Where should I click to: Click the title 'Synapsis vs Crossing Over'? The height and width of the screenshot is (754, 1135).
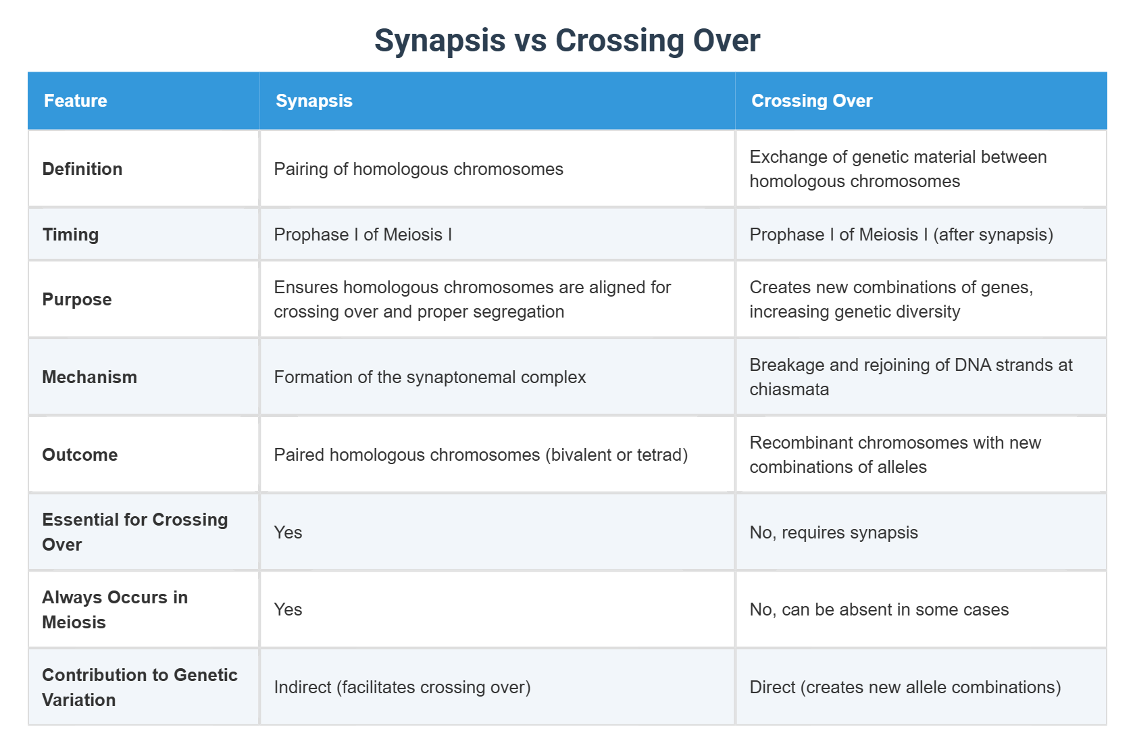tap(567, 41)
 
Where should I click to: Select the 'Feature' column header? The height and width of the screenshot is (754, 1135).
tap(76, 101)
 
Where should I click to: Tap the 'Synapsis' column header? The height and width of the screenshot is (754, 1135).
tap(314, 101)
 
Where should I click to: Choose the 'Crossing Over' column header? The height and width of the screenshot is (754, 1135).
tap(811, 101)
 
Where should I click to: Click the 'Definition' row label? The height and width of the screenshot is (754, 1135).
tap(82, 169)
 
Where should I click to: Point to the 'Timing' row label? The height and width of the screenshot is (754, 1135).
tap(71, 234)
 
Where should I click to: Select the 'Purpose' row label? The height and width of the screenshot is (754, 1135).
tap(77, 299)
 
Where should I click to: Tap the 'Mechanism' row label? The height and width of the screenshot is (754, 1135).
tap(90, 377)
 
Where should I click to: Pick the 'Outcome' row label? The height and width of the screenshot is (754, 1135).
tap(80, 455)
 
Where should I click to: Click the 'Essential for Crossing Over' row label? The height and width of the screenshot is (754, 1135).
tap(134, 532)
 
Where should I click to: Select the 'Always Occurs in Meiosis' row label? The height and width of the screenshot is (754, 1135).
tap(115, 609)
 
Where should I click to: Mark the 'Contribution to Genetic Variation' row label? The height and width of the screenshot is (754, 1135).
tap(139, 687)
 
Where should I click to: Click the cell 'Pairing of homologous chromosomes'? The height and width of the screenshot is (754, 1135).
tap(418, 169)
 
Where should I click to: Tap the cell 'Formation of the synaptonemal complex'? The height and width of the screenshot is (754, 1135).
tap(430, 377)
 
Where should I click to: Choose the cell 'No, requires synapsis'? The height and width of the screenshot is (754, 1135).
tap(834, 532)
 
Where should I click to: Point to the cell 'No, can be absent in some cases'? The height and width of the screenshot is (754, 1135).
tap(879, 609)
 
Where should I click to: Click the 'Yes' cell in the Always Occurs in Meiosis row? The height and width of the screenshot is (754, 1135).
tap(288, 609)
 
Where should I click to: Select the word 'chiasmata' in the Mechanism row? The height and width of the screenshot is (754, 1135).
tap(789, 390)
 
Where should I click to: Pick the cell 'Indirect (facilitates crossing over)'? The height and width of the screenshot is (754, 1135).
tap(402, 687)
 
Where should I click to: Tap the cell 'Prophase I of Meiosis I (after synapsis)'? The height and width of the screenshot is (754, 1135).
tap(901, 234)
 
